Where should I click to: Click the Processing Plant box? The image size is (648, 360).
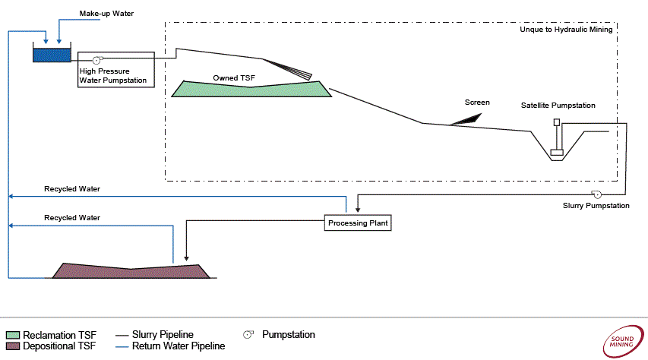pyautogui.click(x=359, y=223)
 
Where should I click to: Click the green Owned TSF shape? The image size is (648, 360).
pyautogui.click(x=251, y=88)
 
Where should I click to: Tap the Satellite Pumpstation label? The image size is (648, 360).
pyautogui.click(x=558, y=106)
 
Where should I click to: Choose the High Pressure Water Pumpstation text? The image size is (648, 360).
pyautogui.click(x=112, y=75)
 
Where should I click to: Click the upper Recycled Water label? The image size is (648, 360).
pyautogui.click(x=72, y=188)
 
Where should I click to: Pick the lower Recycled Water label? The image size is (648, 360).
pyautogui.click(x=72, y=217)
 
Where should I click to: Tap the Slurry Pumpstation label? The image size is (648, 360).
pyautogui.click(x=596, y=206)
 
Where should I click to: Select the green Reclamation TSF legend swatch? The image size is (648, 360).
pyautogui.click(x=12, y=335)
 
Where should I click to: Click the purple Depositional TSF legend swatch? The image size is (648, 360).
pyautogui.click(x=12, y=346)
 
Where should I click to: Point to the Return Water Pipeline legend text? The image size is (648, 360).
pyautogui.click(x=179, y=346)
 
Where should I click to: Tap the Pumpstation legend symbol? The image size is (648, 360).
pyautogui.click(x=248, y=334)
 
